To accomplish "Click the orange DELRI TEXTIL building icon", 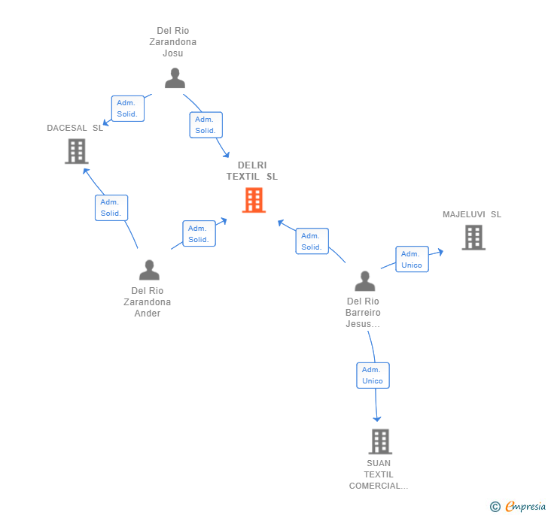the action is [x=254, y=200].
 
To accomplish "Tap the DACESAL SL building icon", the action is [x=77, y=151].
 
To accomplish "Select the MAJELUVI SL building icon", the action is [x=473, y=238].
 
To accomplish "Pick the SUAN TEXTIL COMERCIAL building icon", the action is [x=380, y=441].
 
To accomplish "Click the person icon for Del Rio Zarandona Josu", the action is [x=175, y=78].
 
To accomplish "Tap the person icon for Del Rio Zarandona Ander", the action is [x=149, y=270].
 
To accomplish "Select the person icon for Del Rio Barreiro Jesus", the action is [x=365, y=280].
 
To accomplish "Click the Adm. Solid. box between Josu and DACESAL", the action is [x=128, y=108].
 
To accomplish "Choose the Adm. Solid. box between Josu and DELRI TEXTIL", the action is [x=205, y=125].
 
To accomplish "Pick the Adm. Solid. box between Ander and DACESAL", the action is [x=111, y=208].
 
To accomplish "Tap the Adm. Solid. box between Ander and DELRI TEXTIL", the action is [x=199, y=234].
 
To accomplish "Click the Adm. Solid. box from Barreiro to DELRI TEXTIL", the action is [x=312, y=241].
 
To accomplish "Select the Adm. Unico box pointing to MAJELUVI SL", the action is [x=412, y=259].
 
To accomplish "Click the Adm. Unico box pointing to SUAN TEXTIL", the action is [x=373, y=375].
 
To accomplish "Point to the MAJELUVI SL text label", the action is [x=472, y=214].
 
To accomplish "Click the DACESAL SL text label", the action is [x=75, y=128].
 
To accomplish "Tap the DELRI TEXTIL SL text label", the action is [x=252, y=171].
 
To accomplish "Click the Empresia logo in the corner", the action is [x=518, y=506].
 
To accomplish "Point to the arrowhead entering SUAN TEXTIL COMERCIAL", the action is [x=376, y=419].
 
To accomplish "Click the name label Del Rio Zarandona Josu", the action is [x=173, y=42].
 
